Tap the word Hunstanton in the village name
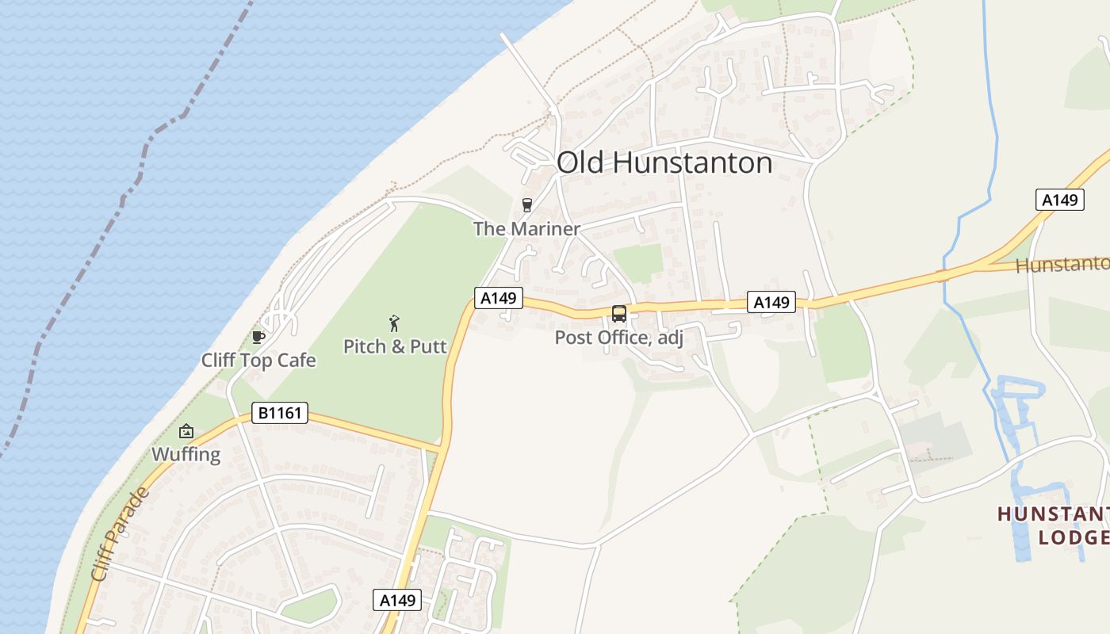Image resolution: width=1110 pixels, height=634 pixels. tap(693, 162)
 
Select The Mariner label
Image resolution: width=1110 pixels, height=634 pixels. tap(526, 229)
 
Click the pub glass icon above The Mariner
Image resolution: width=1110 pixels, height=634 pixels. tap(526, 205)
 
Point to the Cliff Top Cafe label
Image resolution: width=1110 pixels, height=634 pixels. tap(258, 361)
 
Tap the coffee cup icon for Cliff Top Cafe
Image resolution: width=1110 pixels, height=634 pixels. tap(258, 337)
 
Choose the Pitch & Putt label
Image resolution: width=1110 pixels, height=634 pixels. tap(395, 346)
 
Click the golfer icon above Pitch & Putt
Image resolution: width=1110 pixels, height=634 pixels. tap(394, 323)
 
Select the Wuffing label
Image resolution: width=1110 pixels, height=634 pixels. tap(186, 454)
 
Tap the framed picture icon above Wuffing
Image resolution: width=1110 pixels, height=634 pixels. tap(186, 431)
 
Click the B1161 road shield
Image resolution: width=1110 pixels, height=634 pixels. tap(279, 413)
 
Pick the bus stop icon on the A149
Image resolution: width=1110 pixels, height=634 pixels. tap(619, 314)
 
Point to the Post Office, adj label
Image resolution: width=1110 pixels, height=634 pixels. tap(618, 338)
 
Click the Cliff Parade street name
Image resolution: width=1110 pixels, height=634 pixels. tap(120, 534)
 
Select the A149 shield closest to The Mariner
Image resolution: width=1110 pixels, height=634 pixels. tap(499, 298)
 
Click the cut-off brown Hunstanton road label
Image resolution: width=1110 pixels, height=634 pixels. tap(1062, 264)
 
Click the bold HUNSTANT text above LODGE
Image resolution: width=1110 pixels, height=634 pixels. tap(1053, 514)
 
